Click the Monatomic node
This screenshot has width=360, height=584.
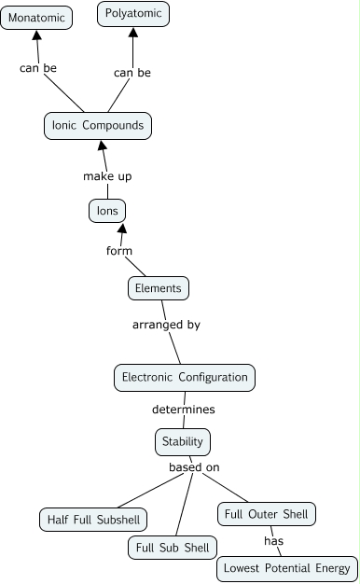point(37,18)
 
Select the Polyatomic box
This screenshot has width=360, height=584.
point(133,14)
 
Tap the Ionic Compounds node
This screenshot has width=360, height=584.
point(98,126)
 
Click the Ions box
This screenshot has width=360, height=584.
point(107,211)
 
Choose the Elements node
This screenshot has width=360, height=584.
point(159,288)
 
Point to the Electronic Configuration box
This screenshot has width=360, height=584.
point(185,377)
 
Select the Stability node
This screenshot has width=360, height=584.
point(182,440)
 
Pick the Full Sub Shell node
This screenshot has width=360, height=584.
point(173,547)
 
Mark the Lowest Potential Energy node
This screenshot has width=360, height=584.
point(286,567)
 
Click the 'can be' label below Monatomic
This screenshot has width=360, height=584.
point(38,68)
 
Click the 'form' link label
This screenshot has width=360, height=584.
point(118,250)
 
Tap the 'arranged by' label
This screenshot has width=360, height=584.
point(166,325)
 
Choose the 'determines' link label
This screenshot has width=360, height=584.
point(184,409)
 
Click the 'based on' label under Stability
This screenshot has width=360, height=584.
point(194,466)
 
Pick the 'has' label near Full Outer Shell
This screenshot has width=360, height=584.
point(273,540)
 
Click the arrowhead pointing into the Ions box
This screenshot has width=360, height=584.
point(120,229)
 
